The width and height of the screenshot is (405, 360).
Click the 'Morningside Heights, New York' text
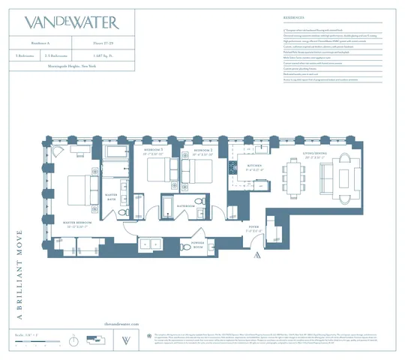pos(71,66)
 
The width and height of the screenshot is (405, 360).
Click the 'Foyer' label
pos(254,228)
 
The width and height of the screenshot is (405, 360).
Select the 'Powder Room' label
pos(199,244)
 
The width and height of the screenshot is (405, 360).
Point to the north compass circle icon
pos(73,340)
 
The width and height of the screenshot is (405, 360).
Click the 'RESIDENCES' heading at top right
pos(273,15)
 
